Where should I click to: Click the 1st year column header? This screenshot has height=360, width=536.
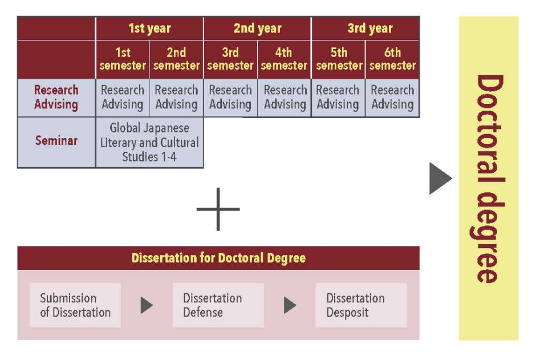coord(149,29)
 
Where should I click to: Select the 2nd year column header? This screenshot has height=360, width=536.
coord(257,29)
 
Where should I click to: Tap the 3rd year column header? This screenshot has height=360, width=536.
coord(366,29)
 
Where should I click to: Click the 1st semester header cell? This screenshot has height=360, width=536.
coord(123,59)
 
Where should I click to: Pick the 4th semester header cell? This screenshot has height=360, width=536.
coord(284,59)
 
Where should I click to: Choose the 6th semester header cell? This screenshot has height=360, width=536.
coord(392,59)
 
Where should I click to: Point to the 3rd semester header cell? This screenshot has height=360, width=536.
coord(230,59)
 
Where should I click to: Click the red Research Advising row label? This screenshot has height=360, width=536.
coord(56,98)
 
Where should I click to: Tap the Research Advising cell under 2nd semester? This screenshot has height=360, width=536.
coord(176,98)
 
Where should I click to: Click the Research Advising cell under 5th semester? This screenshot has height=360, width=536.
coord(338,98)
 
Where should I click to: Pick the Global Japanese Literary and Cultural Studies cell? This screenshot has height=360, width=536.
coord(149,142)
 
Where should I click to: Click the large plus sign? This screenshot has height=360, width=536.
coord(218,209)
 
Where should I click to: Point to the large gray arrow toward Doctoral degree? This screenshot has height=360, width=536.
coord(440,179)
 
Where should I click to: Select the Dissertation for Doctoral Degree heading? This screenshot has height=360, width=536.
coord(218,258)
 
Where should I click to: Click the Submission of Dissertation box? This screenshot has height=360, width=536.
coord(75,305)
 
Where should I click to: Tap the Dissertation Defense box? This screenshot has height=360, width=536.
coord(218,305)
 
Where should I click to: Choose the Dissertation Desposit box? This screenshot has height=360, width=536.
coord(361,305)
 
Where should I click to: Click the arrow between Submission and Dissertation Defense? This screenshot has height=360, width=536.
coord(147,305)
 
